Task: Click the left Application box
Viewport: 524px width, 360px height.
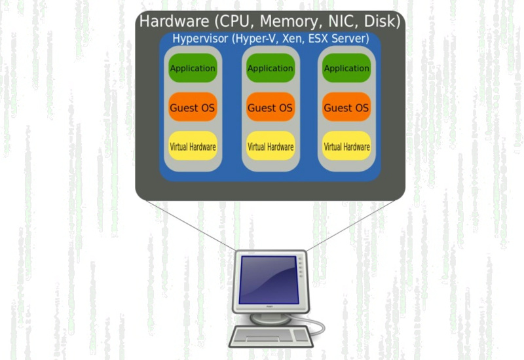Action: [193, 68]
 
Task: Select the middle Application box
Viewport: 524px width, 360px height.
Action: [270, 68]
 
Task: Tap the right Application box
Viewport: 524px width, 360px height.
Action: [346, 68]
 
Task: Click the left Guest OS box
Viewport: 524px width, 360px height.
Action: [193, 107]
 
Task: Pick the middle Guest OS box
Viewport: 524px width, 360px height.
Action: [270, 107]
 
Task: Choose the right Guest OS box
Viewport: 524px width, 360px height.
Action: [346, 107]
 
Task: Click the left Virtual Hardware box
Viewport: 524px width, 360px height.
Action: [193, 147]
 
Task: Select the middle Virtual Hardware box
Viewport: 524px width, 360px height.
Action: [270, 147]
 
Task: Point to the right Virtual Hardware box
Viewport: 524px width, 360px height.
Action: [346, 147]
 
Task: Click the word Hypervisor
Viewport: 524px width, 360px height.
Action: [200, 39]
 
